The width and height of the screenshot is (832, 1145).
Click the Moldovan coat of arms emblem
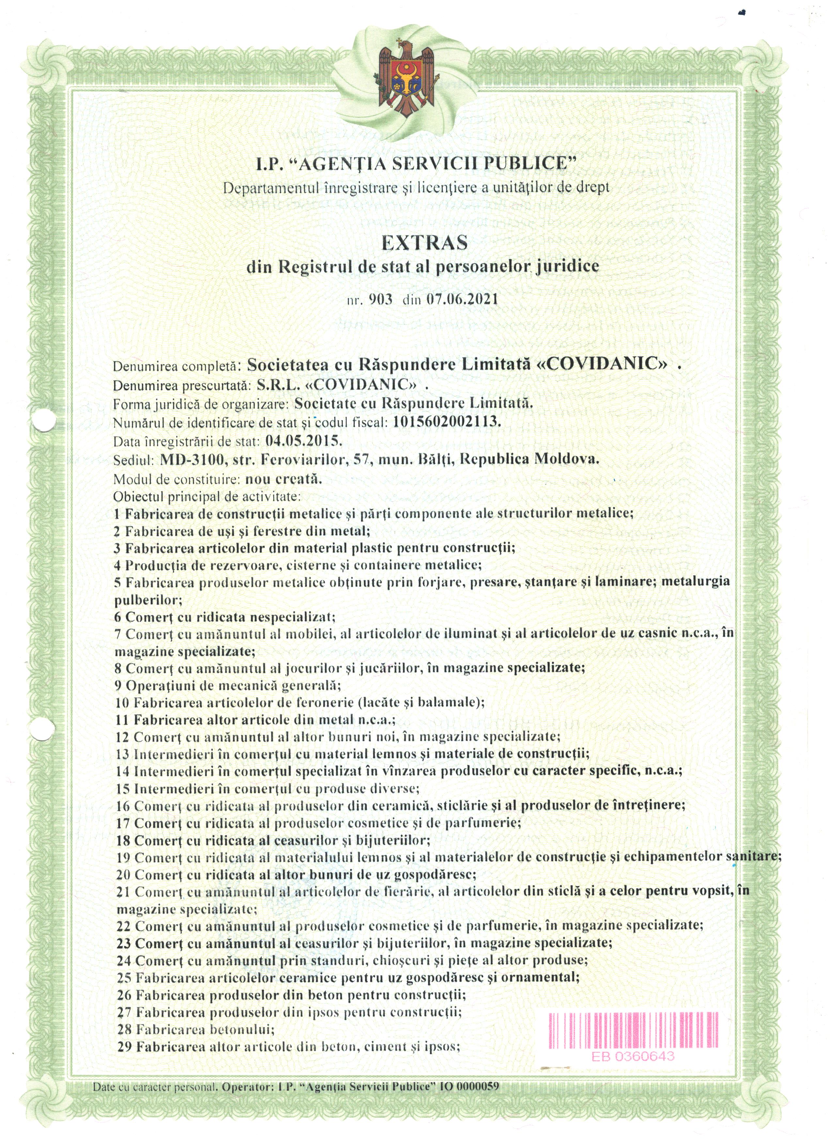(x=408, y=79)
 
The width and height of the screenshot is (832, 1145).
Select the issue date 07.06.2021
(x=462, y=299)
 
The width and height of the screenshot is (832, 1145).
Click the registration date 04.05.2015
(x=304, y=441)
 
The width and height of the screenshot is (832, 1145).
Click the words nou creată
(x=283, y=478)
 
